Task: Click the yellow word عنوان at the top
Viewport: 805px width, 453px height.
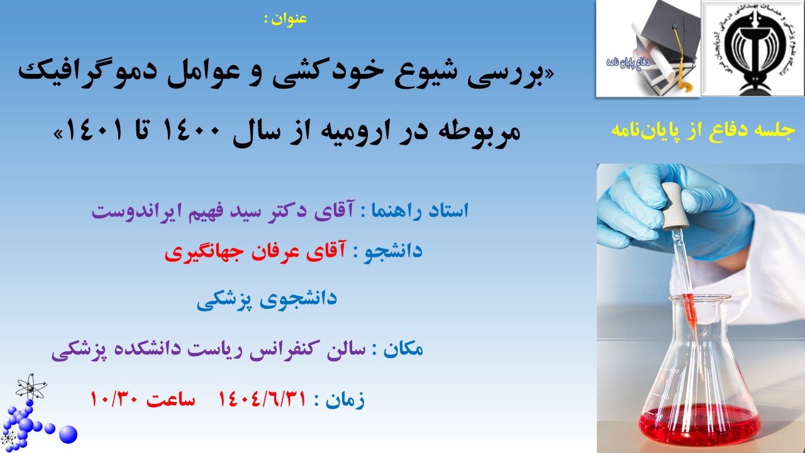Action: pyautogui.click(x=289, y=19)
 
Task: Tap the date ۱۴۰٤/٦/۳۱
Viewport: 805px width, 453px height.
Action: pyautogui.click(x=262, y=399)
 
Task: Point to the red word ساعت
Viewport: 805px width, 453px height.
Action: pyautogui.click(x=170, y=399)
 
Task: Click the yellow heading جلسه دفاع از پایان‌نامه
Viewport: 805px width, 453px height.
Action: pyautogui.click(x=703, y=130)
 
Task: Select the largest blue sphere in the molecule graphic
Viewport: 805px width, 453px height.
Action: pyautogui.click(x=68, y=434)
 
